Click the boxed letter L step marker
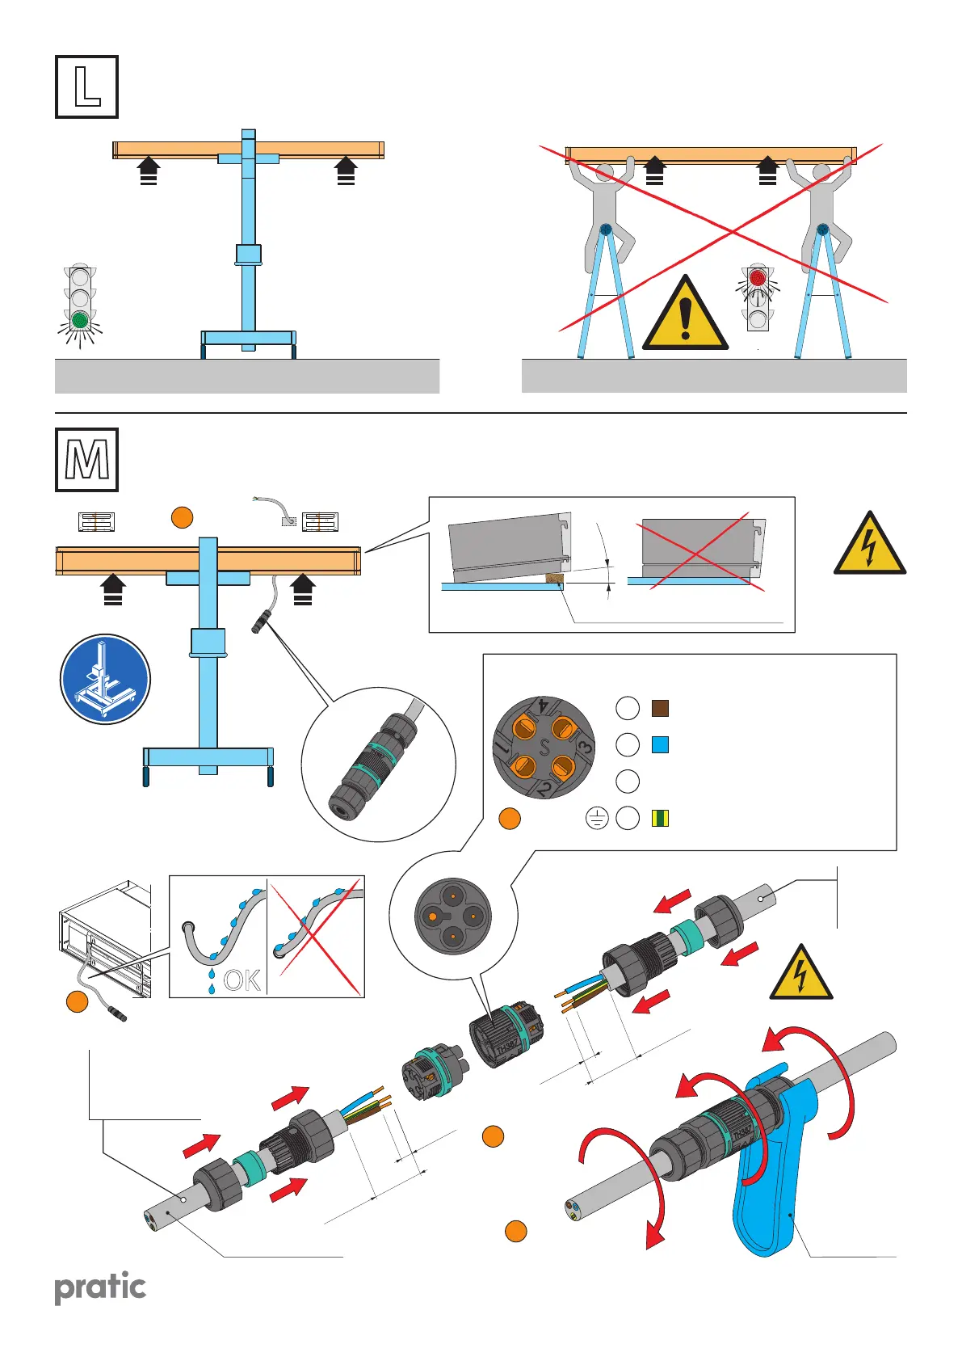pyautogui.click(x=86, y=86)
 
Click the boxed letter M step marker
pyautogui.click(x=86, y=460)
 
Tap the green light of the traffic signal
pyautogui.click(x=79, y=321)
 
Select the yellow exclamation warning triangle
pyautogui.click(x=685, y=314)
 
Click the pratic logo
pyautogui.click(x=100, y=1287)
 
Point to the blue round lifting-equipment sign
pyautogui.click(x=105, y=679)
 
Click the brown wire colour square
pyautogui.click(x=660, y=709)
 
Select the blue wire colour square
pyautogui.click(x=660, y=744)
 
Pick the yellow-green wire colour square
pyautogui.click(x=660, y=818)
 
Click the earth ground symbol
pyautogui.click(x=597, y=819)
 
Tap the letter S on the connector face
pyautogui.click(x=544, y=748)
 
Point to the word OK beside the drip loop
pyautogui.click(x=242, y=980)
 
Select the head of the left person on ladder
pyautogui.click(x=603, y=173)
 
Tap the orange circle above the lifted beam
pyautogui.click(x=183, y=517)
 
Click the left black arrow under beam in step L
pyautogui.click(x=149, y=171)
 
